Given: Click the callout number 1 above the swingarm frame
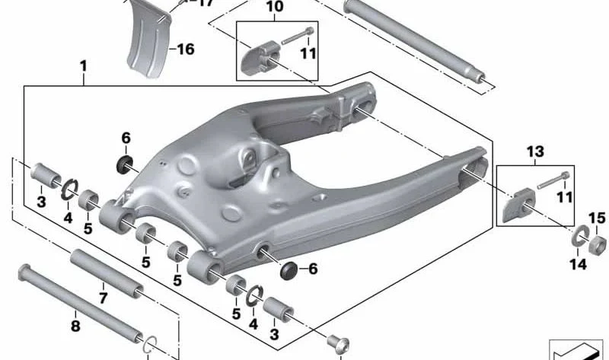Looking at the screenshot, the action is (x=83, y=66).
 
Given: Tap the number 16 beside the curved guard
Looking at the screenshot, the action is (x=186, y=49).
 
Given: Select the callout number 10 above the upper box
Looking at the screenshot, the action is (x=275, y=7).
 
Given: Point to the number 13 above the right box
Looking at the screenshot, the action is (x=535, y=151).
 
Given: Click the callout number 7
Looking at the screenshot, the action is (x=103, y=298).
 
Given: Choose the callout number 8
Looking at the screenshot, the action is (x=75, y=326).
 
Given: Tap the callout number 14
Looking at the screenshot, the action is (x=578, y=264).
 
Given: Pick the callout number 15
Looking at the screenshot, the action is (x=597, y=218).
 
